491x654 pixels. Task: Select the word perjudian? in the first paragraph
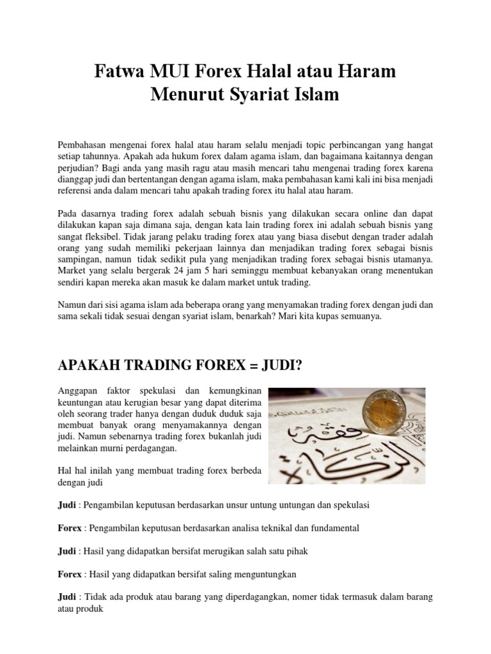[79, 167]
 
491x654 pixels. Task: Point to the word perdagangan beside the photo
[153, 449]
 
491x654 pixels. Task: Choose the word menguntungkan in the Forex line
[265, 574]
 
